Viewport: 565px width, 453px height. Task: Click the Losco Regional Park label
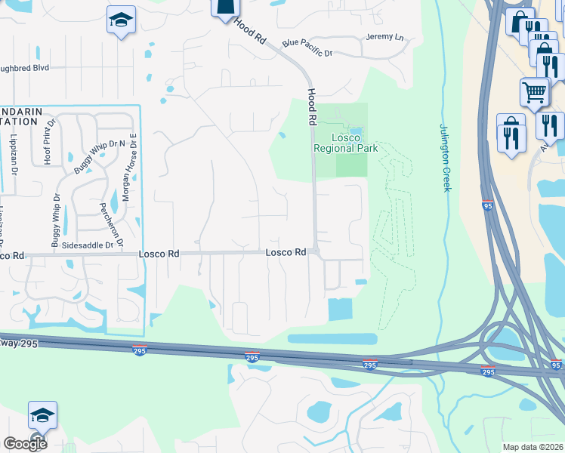(345, 143)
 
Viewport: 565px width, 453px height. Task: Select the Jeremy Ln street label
(384, 37)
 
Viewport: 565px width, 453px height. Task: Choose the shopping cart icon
(534, 91)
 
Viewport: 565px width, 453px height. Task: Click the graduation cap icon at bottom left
(42, 415)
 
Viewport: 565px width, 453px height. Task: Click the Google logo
(25, 443)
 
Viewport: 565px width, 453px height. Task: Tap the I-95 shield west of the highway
(489, 205)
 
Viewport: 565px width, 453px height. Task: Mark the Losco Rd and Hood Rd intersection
(317, 252)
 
